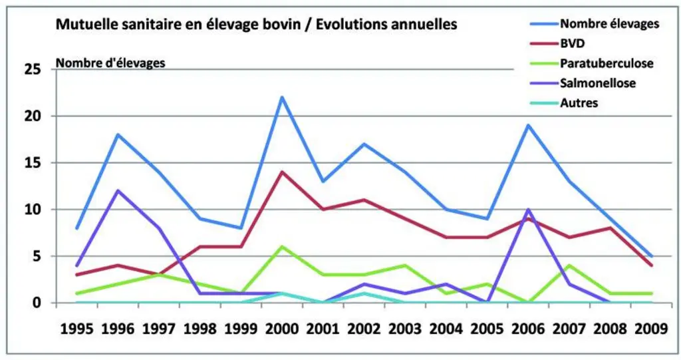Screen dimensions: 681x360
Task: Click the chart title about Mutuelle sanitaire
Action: pyautogui.click(x=256, y=24)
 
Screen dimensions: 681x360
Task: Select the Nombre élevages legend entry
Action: pyautogui.click(x=595, y=23)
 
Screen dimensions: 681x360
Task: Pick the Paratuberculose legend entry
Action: pyautogui.click(x=591, y=63)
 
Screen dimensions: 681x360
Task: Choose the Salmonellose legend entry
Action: pyautogui.click(x=583, y=83)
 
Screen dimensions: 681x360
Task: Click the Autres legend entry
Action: pyautogui.click(x=564, y=103)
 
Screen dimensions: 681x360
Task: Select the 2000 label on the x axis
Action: pyautogui.click(x=282, y=329)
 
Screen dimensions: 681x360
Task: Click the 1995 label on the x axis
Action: pyautogui.click(x=77, y=329)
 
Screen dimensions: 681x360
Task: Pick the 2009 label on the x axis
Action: pyautogui.click(x=651, y=329)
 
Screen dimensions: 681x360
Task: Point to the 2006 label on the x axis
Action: pyautogui.click(x=527, y=329)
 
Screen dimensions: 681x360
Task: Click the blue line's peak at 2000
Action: pyautogui.click(x=282, y=97)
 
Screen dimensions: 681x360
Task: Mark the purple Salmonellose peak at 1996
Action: pyautogui.click(x=118, y=190)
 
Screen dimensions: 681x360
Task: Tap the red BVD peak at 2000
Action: pyautogui.click(x=282, y=172)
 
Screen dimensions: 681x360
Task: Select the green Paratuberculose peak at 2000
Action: pyautogui.click(x=282, y=246)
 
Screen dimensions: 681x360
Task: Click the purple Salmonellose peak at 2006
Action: pyautogui.click(x=527, y=210)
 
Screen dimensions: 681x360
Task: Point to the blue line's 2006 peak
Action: pyautogui.click(x=527, y=125)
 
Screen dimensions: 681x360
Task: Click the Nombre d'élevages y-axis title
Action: pyautogui.click(x=111, y=63)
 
